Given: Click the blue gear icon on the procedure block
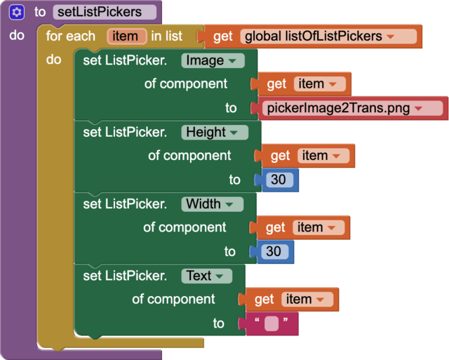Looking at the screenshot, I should point(18,12).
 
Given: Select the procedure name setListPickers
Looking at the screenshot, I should point(104,12).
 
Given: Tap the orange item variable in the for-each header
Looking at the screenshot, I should point(127,36).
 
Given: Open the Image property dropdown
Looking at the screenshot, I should point(213,60).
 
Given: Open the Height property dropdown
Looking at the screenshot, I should point(215,132).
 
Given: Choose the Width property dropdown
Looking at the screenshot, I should point(212,204).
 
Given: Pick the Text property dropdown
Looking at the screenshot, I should point(206,276).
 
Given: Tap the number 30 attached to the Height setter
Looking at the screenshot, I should point(279,180).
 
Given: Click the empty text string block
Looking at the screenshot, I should point(272,324).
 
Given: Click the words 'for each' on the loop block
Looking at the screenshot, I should point(71,36).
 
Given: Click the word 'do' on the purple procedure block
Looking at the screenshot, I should point(18,35).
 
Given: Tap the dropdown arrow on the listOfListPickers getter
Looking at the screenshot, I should point(390,36).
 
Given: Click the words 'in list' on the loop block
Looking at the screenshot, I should point(167,36).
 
